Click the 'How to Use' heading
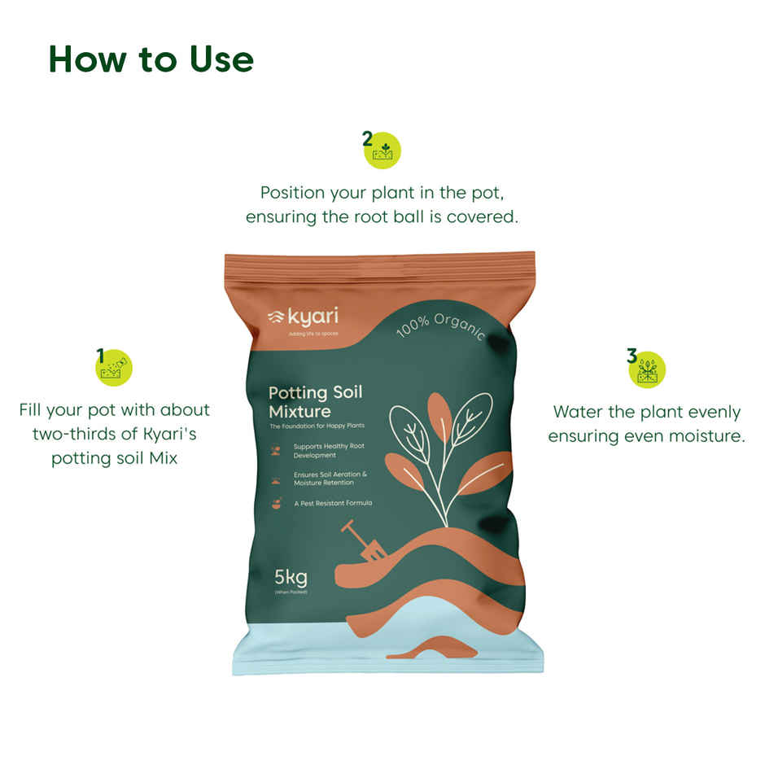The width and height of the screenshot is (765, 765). click(x=151, y=59)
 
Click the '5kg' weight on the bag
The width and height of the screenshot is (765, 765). click(x=291, y=579)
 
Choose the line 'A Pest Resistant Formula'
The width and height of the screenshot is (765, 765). click(x=333, y=503)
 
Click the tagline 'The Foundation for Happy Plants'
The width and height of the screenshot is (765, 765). click(x=317, y=426)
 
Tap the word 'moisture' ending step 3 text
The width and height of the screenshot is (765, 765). click(x=705, y=436)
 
